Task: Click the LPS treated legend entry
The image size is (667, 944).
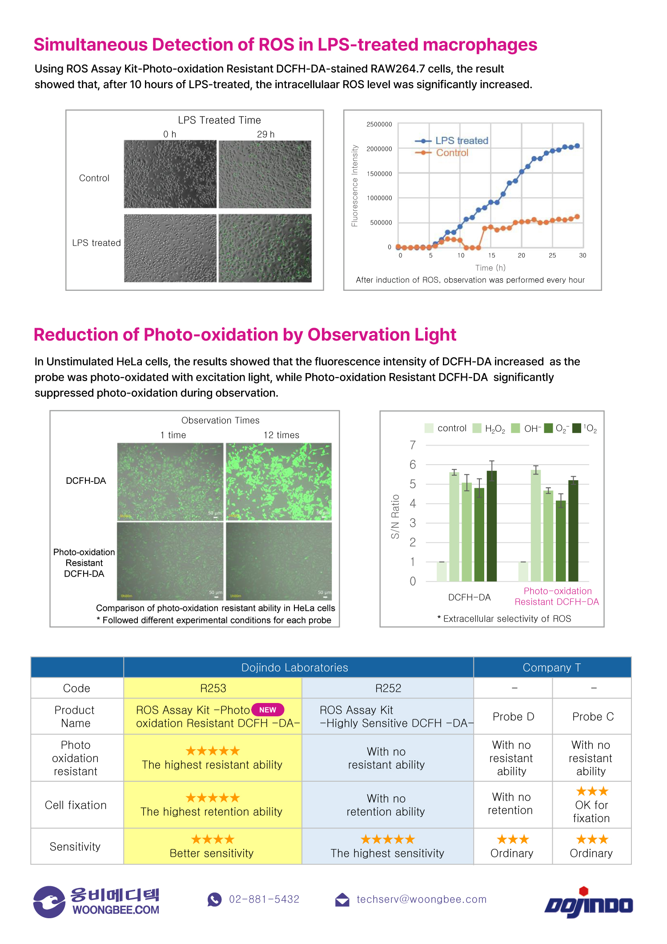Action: point(461,141)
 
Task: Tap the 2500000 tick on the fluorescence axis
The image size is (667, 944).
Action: point(379,125)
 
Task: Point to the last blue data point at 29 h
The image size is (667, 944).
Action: point(577,146)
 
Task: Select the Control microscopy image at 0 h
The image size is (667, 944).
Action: point(170,174)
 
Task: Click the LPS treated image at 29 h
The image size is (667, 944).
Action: point(265,248)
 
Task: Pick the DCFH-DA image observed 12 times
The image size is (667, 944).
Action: point(279,481)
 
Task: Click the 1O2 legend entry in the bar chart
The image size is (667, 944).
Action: point(585,428)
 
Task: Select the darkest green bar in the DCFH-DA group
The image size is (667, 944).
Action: point(492,526)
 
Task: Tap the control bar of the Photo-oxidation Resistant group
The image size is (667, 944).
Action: point(523,571)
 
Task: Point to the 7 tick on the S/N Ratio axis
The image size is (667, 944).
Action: point(413,445)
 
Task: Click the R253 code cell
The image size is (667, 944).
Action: point(213,688)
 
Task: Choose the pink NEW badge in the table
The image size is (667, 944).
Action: point(268,710)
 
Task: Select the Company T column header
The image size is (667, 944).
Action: point(552,667)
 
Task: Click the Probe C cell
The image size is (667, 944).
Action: point(593,717)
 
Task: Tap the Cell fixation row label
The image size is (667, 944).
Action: point(76,805)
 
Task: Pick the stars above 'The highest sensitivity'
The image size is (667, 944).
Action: point(387,840)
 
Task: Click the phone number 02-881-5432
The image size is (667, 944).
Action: point(264,900)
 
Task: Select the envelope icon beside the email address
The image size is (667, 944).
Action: point(342,900)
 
